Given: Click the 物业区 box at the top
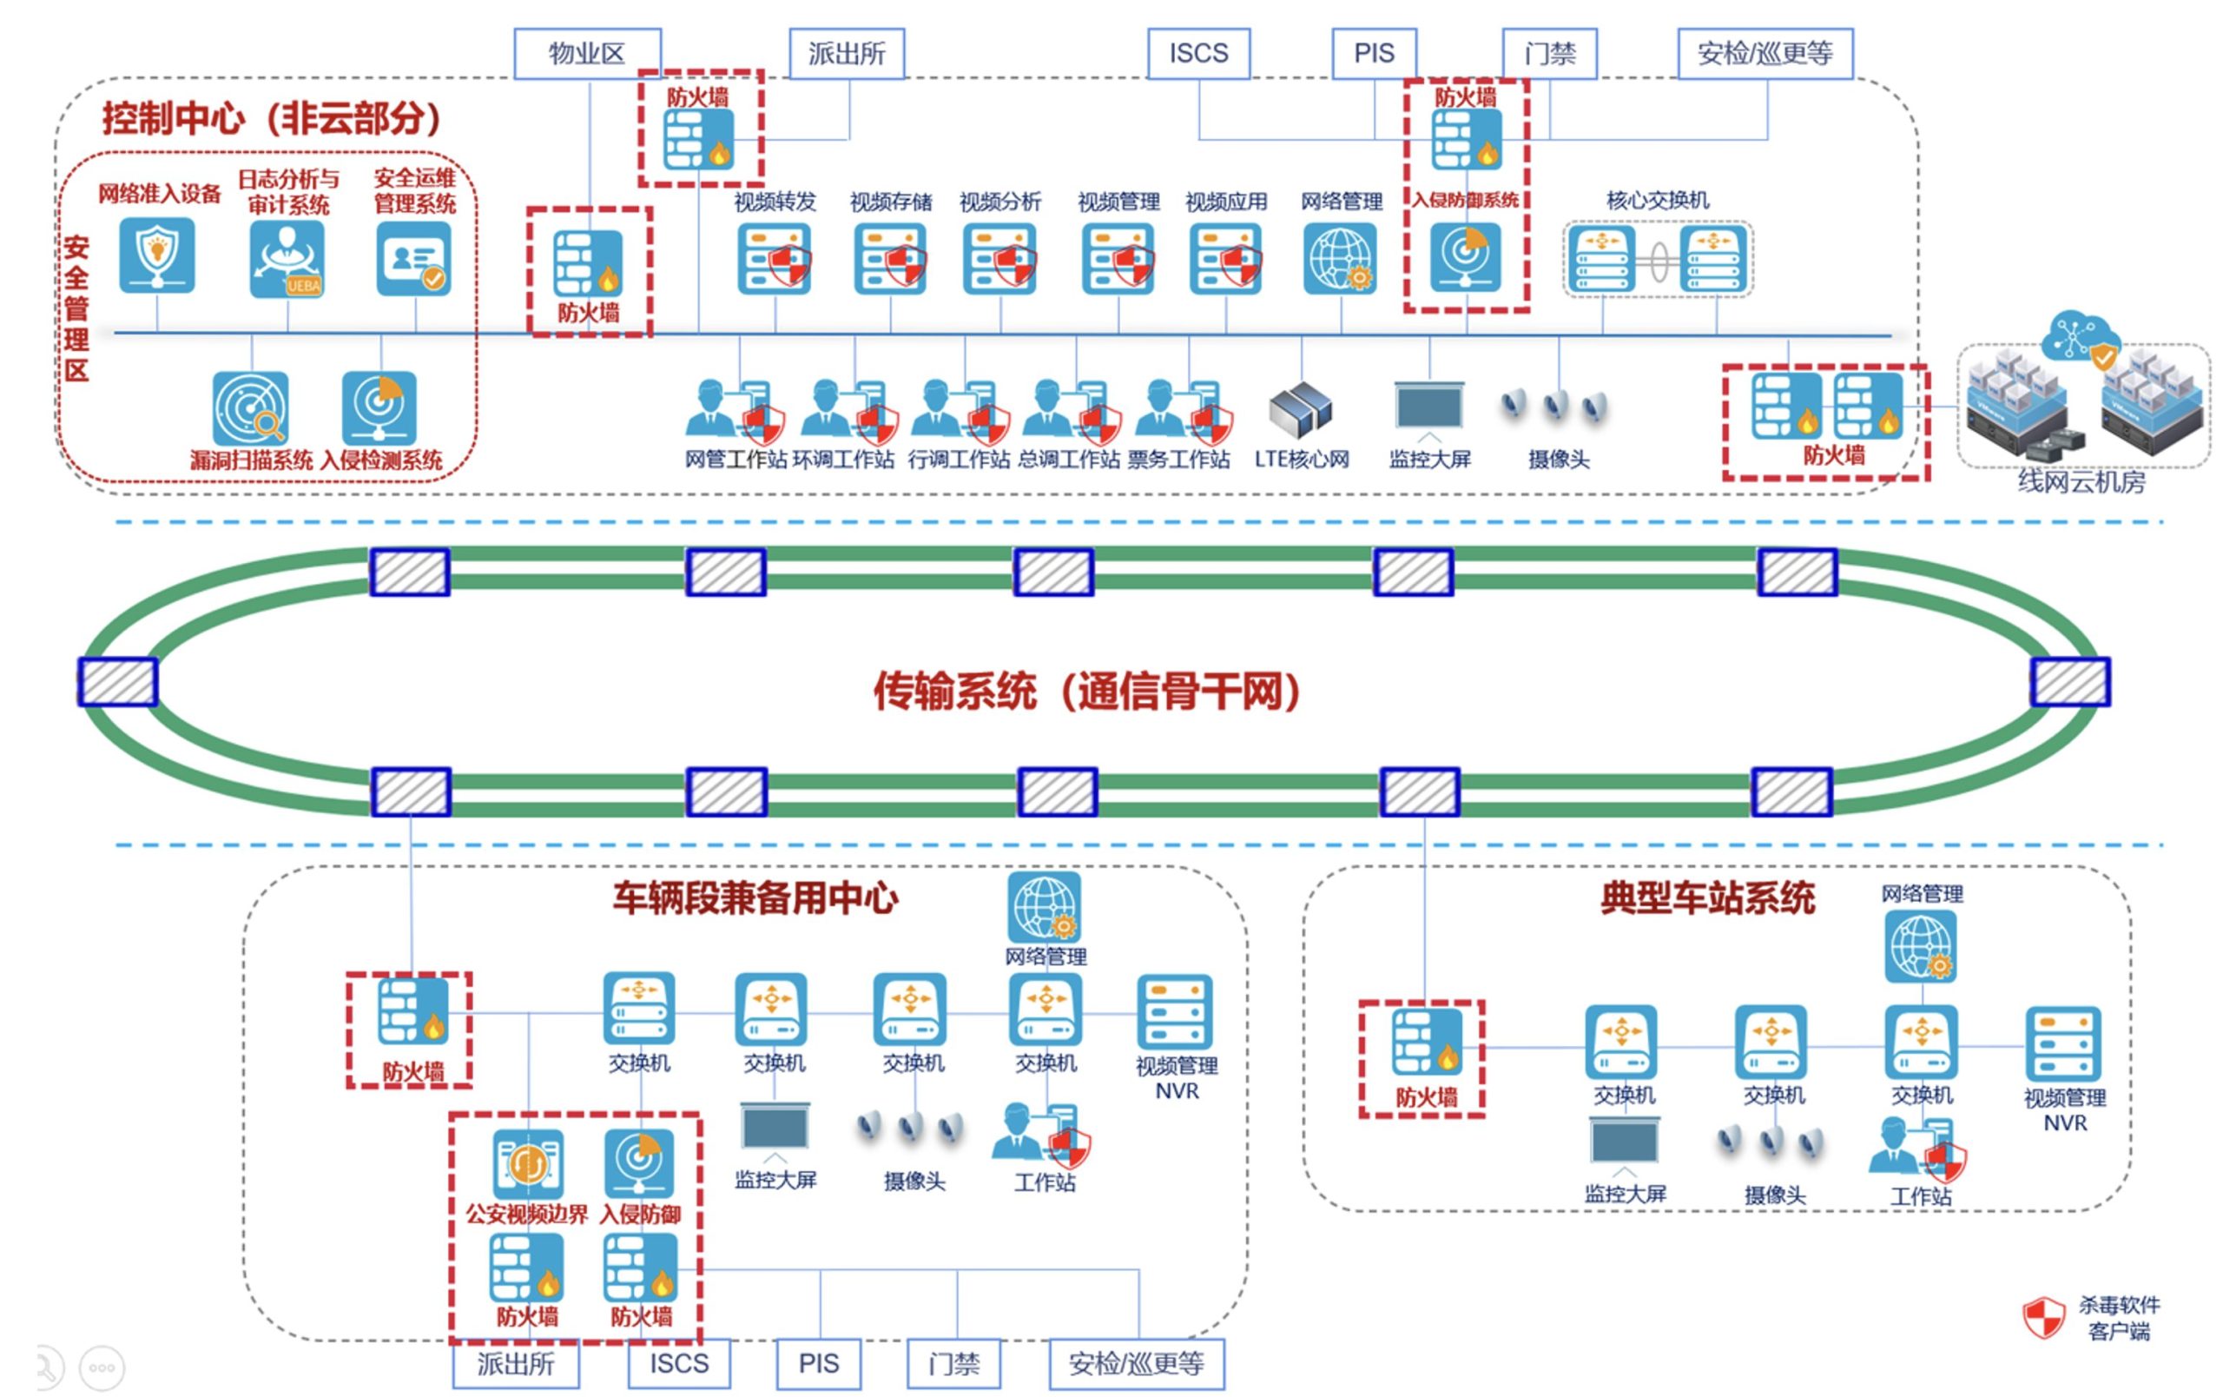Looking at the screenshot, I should [x=587, y=54].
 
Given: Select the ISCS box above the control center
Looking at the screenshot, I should [x=1198, y=54].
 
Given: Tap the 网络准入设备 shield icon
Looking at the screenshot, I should [x=157, y=255].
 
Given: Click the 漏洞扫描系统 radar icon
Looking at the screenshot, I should [x=250, y=408].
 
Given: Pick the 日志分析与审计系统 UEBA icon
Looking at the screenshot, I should [x=287, y=259].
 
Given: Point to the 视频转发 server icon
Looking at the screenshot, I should [x=775, y=260].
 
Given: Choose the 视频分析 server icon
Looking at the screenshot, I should [x=999, y=260].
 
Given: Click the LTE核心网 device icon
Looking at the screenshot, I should [x=1300, y=409].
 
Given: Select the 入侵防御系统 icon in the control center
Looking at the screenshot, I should [x=1466, y=255].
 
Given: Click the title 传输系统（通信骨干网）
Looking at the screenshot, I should [x=1087, y=691].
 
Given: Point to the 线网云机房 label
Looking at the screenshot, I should [x=2081, y=481].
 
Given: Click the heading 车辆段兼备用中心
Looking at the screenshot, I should [x=755, y=897].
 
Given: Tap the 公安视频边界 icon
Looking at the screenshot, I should [x=528, y=1163].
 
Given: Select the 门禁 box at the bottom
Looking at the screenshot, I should [x=953, y=1363].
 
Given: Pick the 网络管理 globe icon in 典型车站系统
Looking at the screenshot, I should [x=1920, y=946].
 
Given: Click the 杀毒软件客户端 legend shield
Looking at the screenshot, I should [x=2043, y=1317].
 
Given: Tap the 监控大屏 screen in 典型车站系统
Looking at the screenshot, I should [x=1624, y=1142].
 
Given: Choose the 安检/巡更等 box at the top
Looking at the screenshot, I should [x=1765, y=54].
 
